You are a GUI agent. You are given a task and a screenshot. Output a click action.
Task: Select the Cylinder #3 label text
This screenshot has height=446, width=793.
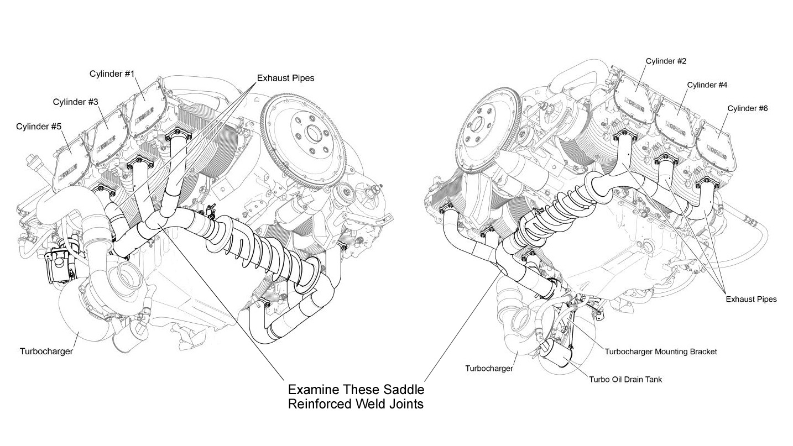(76, 102)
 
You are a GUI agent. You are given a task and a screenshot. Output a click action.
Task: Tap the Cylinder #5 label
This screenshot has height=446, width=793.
(39, 127)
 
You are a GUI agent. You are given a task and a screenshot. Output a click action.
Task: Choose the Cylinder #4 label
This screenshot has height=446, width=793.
(707, 85)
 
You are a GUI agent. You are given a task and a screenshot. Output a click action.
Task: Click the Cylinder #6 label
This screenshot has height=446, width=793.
(747, 108)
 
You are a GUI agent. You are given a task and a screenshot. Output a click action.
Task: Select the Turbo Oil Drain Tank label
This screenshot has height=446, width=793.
(625, 379)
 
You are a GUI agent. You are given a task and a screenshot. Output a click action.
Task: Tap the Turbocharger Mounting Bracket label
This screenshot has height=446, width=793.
(660, 351)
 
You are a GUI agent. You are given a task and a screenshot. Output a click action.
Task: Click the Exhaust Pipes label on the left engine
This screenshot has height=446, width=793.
(285, 78)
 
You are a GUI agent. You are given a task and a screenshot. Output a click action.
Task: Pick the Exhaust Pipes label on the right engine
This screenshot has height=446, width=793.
(751, 299)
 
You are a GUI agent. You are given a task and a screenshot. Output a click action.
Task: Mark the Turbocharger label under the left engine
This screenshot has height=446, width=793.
(46, 351)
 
